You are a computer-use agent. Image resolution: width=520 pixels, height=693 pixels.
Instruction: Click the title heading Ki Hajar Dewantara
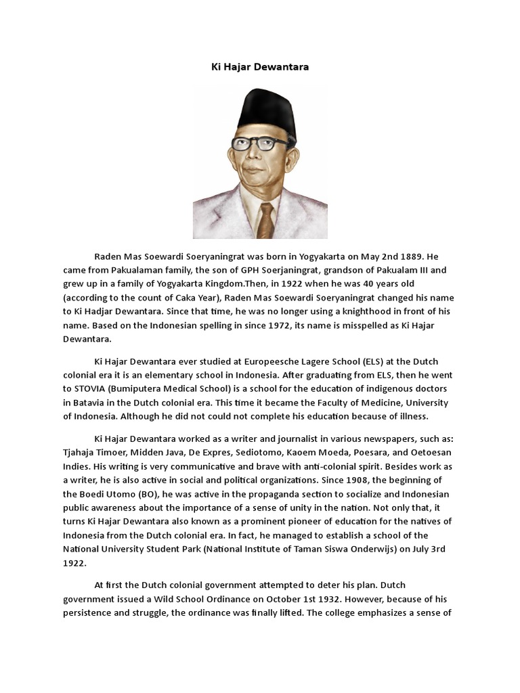tap(260, 68)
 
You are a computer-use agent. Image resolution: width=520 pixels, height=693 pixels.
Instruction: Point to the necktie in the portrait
tap(265, 221)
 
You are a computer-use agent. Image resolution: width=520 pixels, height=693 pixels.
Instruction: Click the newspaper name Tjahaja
tap(83, 453)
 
